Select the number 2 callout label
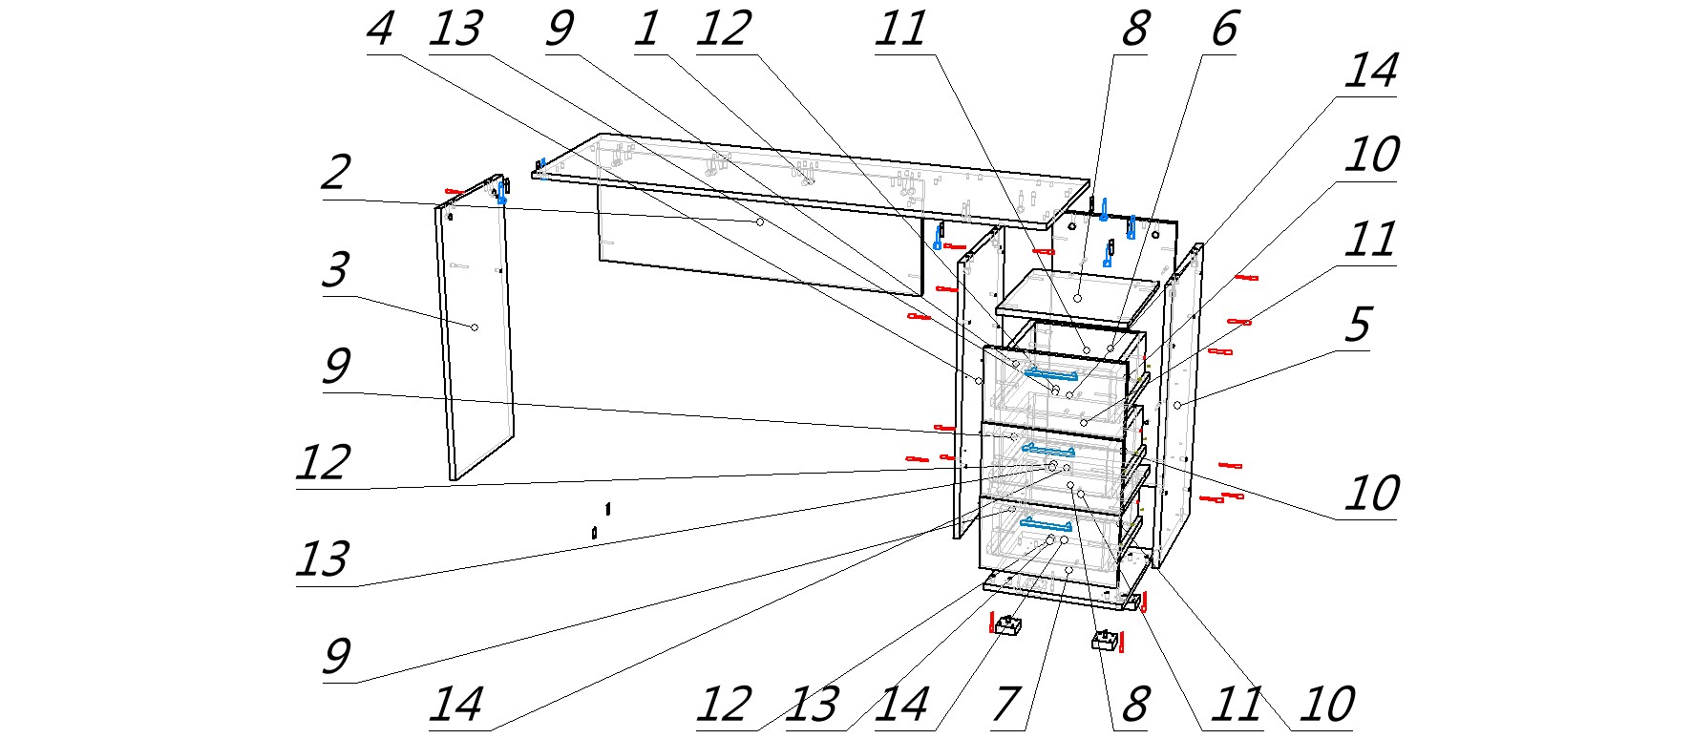point(335,174)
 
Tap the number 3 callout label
point(335,271)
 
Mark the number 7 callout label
point(1006,705)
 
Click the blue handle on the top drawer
point(1050,373)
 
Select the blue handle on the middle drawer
point(1047,449)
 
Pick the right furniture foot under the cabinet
point(1104,640)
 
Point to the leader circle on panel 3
point(474,327)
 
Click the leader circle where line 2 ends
point(760,222)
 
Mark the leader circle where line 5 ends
point(1178,406)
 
